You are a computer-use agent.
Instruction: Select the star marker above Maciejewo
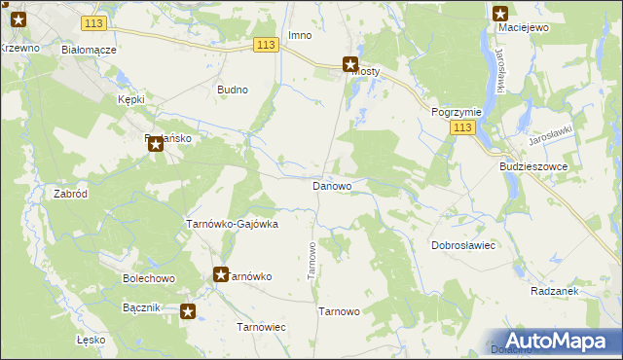[x=500, y=14]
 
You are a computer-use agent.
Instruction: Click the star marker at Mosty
[x=349, y=65]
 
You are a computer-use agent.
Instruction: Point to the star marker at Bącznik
[x=188, y=312]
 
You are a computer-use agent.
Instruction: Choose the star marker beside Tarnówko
[x=221, y=275]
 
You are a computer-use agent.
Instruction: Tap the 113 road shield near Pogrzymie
[x=463, y=128]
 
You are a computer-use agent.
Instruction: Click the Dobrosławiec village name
[x=464, y=245]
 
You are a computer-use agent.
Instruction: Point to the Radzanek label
[x=556, y=291]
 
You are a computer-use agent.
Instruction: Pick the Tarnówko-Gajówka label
[x=232, y=223]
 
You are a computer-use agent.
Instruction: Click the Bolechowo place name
[x=148, y=278]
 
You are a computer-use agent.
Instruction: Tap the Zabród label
[x=71, y=194]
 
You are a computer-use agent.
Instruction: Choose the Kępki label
[x=130, y=100]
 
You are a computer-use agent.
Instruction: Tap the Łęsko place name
[x=90, y=340]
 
